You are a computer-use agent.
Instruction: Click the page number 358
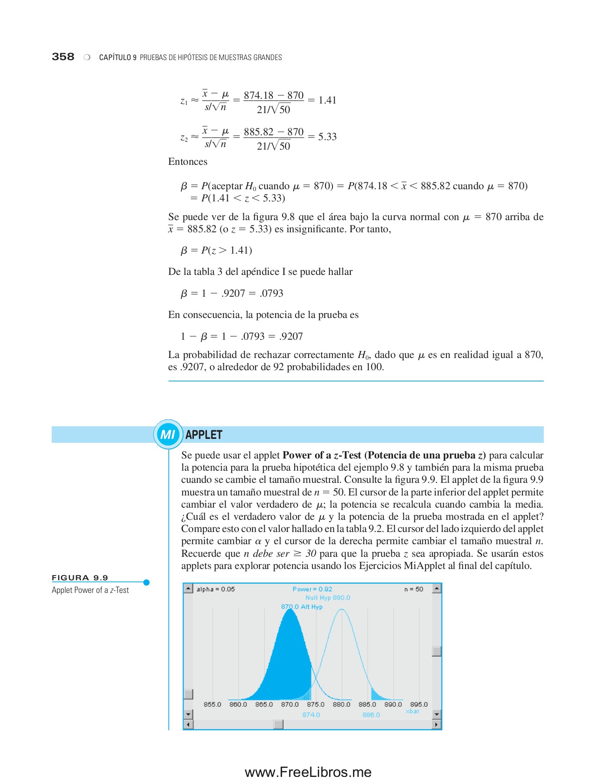tap(63, 57)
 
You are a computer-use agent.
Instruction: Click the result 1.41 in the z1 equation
tap(327, 100)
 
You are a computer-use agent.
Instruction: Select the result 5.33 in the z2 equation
tap(327, 137)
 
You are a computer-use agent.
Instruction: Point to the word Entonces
tap(188, 162)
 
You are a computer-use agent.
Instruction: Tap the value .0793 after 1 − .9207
tap(272, 294)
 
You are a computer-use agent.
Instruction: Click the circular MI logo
tap(168, 434)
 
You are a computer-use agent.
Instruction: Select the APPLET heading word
tap(204, 435)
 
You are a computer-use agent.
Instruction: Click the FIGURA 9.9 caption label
tap(80, 578)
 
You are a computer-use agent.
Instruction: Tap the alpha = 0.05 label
tap(215, 589)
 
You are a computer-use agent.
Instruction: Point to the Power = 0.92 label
tap(312, 589)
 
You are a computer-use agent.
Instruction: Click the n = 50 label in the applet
tap(413, 589)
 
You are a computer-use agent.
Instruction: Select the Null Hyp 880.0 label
tap(327, 598)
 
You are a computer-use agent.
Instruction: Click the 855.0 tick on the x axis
tap(212, 704)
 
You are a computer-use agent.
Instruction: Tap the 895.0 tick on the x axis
tap(419, 704)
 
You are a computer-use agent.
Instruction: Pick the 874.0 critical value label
tap(311, 715)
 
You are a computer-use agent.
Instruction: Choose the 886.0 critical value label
tap(371, 715)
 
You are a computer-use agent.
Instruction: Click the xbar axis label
tap(413, 711)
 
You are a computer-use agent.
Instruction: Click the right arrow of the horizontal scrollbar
tap(436, 725)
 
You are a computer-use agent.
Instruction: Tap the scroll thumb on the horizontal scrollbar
tap(279, 725)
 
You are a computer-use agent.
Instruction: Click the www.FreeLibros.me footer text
tap(308, 772)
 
